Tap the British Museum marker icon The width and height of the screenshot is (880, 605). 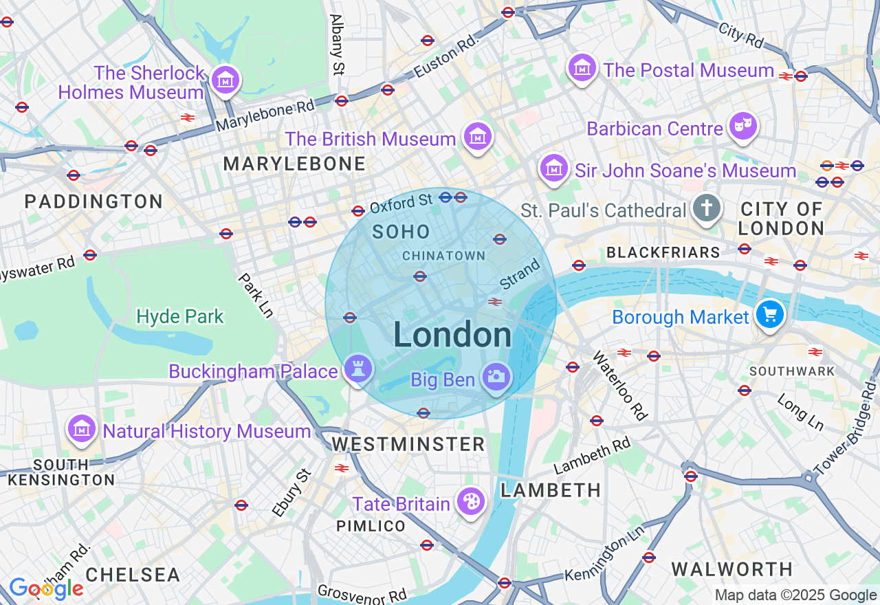pyautogui.click(x=477, y=137)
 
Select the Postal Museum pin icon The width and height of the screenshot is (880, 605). pyautogui.click(x=582, y=69)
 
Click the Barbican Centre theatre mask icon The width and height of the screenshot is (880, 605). pyautogui.click(x=742, y=126)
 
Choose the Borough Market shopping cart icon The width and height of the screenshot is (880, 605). pyautogui.click(x=769, y=315)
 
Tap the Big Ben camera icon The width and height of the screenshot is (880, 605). pyautogui.click(x=496, y=377)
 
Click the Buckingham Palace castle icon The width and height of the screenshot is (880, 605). pyautogui.click(x=357, y=369)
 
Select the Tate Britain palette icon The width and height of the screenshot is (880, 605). pyautogui.click(x=471, y=502)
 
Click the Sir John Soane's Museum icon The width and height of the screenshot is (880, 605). pyautogui.click(x=553, y=168)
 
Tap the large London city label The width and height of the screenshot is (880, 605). pyautogui.click(x=452, y=335)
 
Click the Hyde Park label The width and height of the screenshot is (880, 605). pyautogui.click(x=180, y=316)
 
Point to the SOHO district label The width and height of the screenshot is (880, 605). pyautogui.click(x=401, y=232)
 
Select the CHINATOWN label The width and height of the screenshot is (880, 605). pyautogui.click(x=443, y=256)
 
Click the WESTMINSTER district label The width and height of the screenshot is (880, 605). pyautogui.click(x=408, y=444)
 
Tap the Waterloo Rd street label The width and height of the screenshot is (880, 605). pyautogui.click(x=620, y=386)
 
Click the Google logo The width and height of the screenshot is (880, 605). pyautogui.click(x=46, y=588)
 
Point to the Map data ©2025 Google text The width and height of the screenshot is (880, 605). pyautogui.click(x=795, y=595)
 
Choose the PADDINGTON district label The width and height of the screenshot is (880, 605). pyautogui.click(x=93, y=201)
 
